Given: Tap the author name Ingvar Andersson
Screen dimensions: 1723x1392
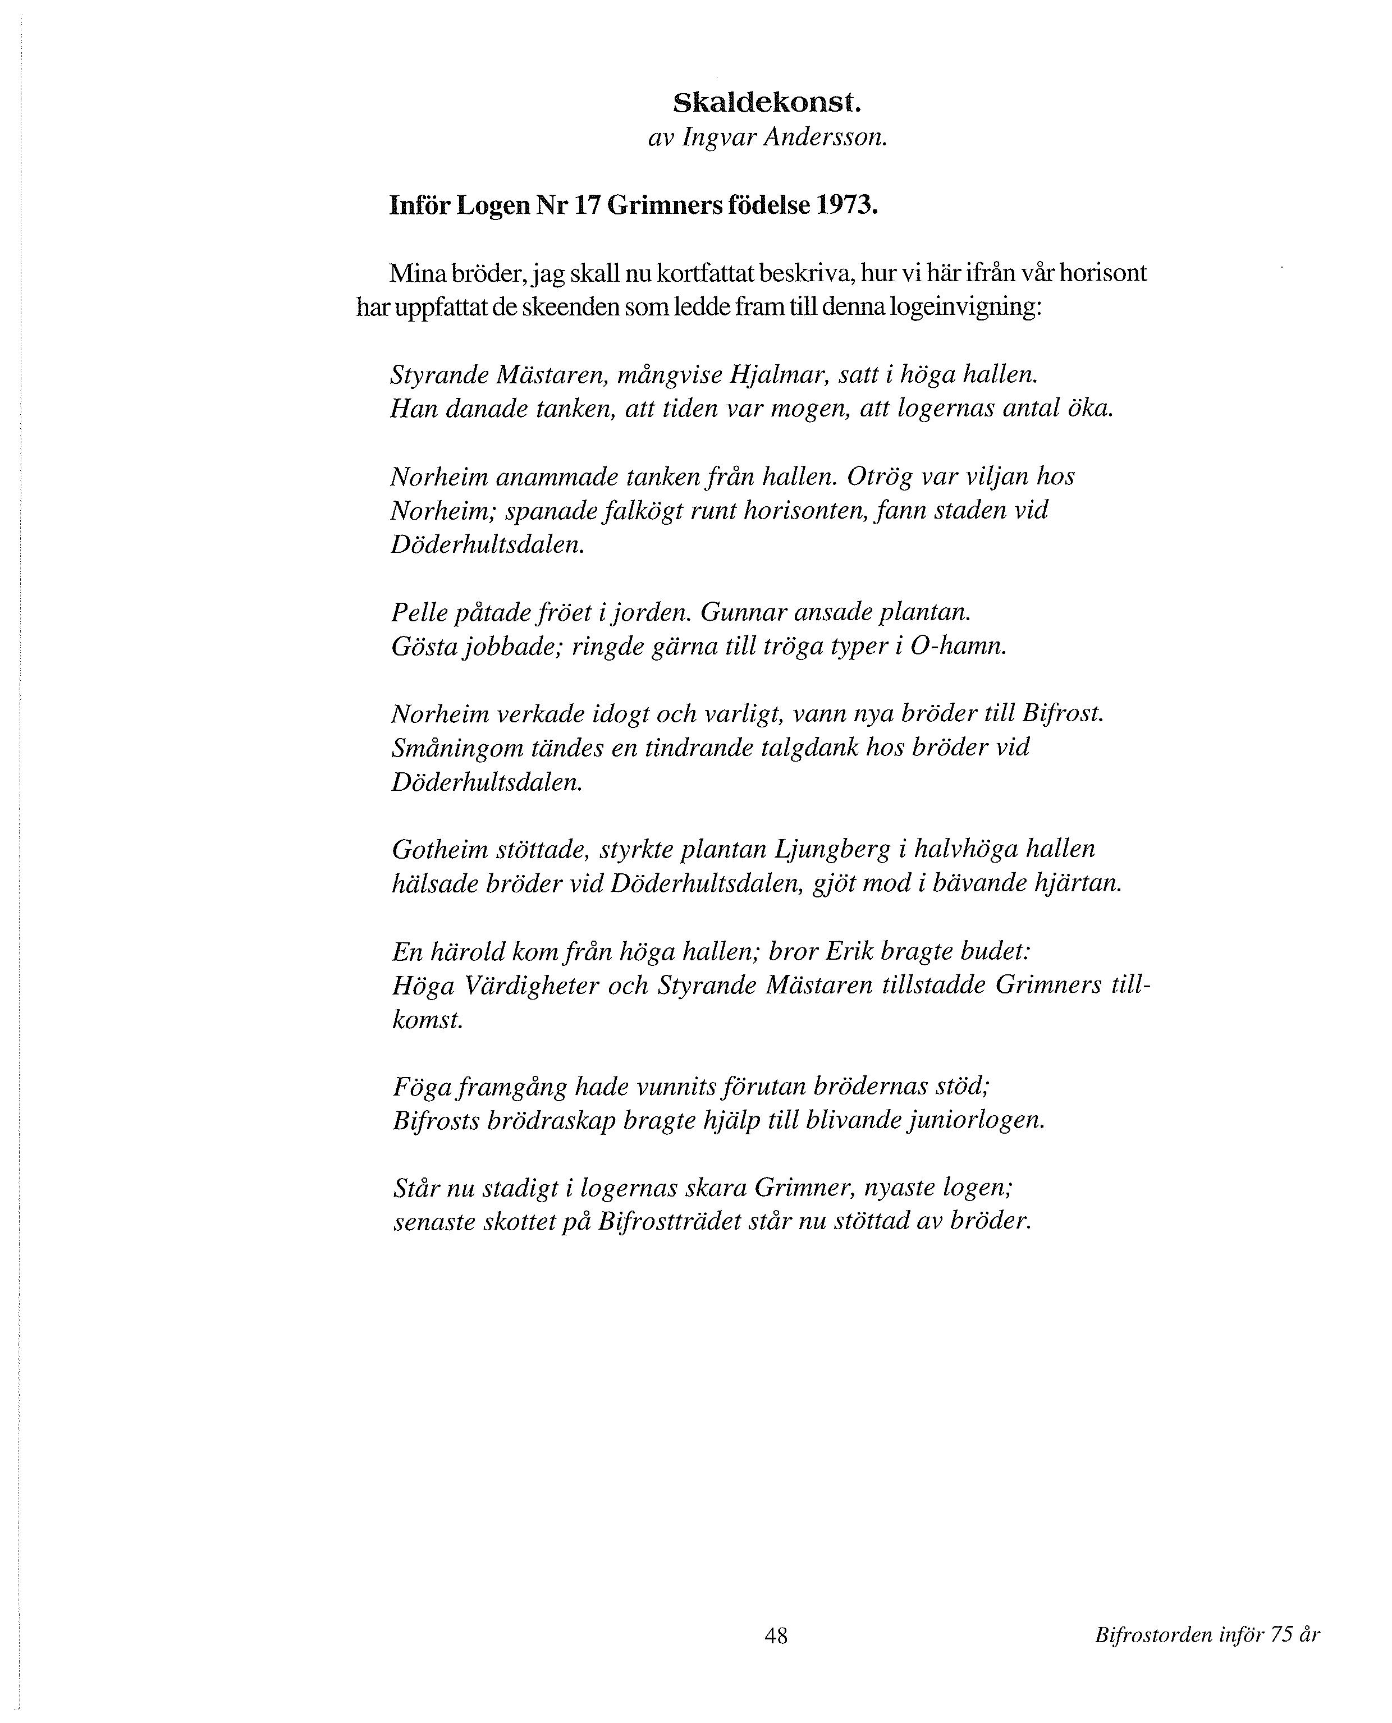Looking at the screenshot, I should coord(784,138).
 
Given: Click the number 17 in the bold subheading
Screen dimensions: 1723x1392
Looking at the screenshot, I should coord(589,206).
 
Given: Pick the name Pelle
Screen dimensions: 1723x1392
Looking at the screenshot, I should coord(419,612).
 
